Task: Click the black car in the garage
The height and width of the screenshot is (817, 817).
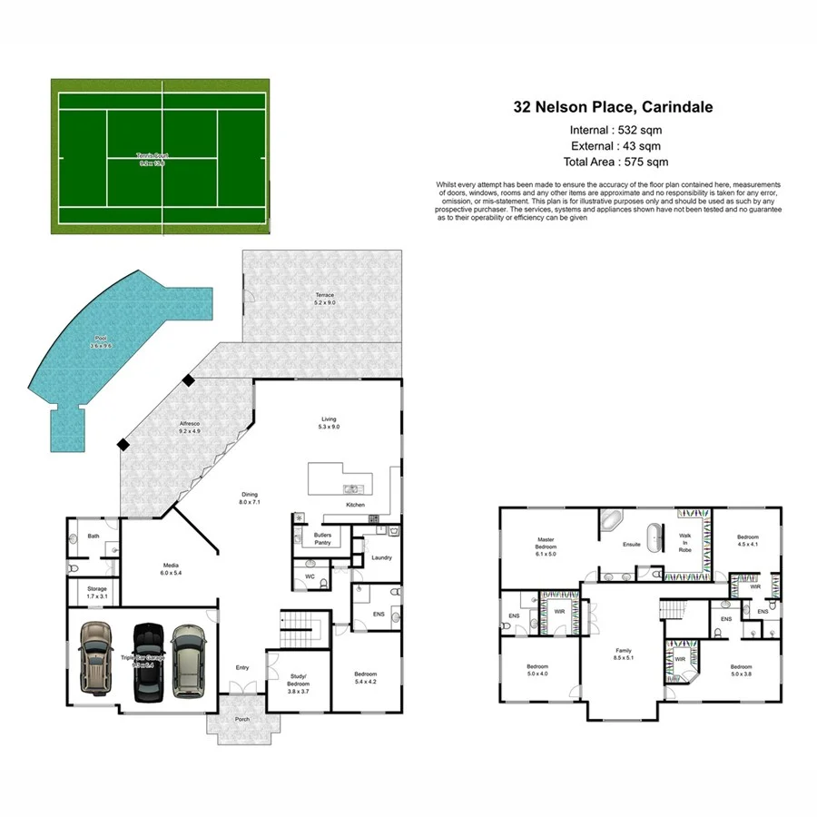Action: point(145,662)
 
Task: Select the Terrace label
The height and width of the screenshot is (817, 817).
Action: point(324,299)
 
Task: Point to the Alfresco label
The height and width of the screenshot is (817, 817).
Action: point(189,428)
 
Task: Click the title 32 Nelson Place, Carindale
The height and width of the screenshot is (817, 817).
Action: point(614,107)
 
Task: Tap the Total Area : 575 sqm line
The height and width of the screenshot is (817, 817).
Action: point(615,162)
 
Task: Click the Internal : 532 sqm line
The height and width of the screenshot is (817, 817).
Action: point(615,129)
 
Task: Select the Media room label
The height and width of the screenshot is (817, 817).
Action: point(171,568)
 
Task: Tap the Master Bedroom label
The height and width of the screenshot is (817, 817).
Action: point(545,545)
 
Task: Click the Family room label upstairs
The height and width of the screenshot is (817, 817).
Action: point(624,654)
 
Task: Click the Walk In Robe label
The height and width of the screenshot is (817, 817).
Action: point(685,543)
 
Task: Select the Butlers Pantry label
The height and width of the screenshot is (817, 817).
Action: point(322,538)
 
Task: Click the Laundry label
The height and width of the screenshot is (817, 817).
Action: point(382,557)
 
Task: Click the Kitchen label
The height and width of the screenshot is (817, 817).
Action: point(355,505)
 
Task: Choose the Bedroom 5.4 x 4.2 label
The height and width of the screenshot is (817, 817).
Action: point(365,677)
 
